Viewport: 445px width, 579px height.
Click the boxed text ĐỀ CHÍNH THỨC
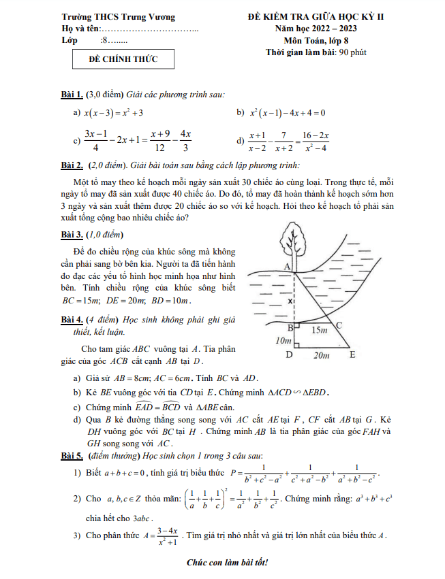[x=123, y=59]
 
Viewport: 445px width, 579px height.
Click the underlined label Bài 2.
[x=72, y=165]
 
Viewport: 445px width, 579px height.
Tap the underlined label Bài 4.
[x=72, y=319]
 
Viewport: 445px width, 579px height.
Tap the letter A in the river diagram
[x=287, y=265]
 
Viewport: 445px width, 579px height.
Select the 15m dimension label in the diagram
[x=319, y=330]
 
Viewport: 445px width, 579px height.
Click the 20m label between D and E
[x=320, y=355]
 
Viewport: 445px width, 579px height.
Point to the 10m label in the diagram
[x=280, y=340]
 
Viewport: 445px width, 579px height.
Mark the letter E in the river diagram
[x=352, y=355]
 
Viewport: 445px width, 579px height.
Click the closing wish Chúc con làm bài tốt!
[x=228, y=562]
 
